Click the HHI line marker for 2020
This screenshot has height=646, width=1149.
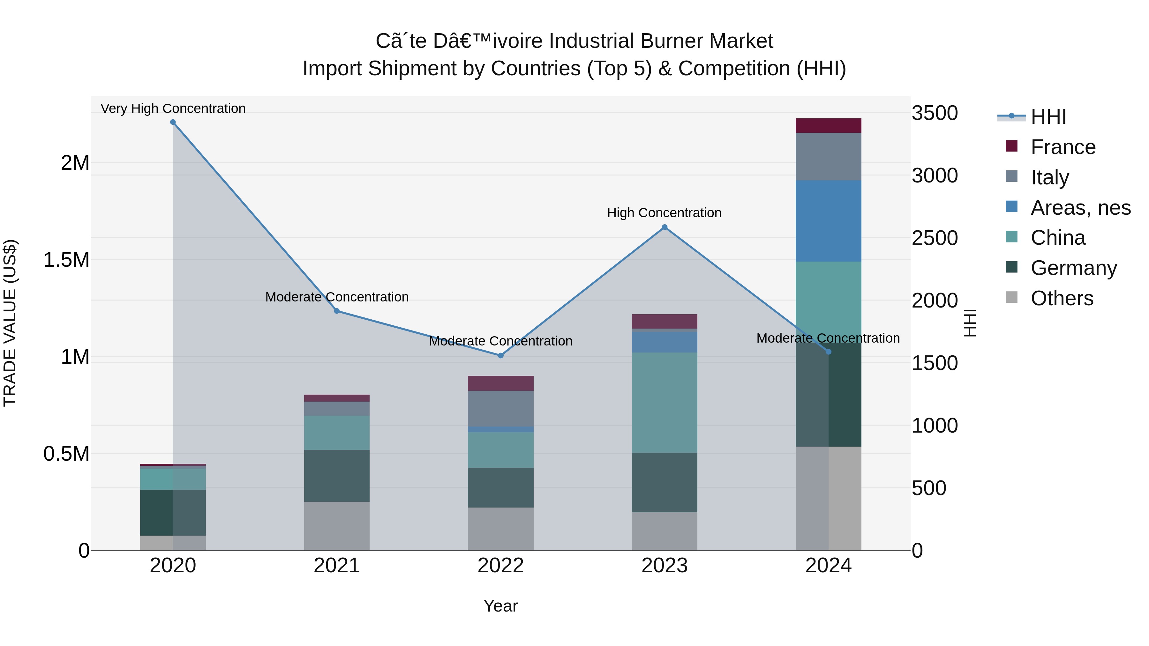click(x=173, y=122)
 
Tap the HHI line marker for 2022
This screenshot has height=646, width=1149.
click(x=500, y=356)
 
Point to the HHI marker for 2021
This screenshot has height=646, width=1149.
click(x=337, y=311)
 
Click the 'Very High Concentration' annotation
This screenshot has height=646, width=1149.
click(x=173, y=109)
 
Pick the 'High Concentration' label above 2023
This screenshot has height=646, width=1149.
click(x=664, y=213)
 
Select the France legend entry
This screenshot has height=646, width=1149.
click(x=1063, y=147)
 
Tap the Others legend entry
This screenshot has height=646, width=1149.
click(x=1062, y=298)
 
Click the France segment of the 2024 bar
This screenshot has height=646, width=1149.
click(x=828, y=126)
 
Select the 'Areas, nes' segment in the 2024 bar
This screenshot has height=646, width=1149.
click(x=828, y=221)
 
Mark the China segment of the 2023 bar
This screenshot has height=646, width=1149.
click(x=664, y=403)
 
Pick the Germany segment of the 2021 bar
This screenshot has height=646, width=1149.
click(x=337, y=476)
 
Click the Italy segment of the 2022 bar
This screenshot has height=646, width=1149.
click(x=500, y=408)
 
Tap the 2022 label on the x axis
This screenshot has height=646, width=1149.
click(x=500, y=566)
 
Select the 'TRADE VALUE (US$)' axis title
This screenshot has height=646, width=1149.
click(x=10, y=323)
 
